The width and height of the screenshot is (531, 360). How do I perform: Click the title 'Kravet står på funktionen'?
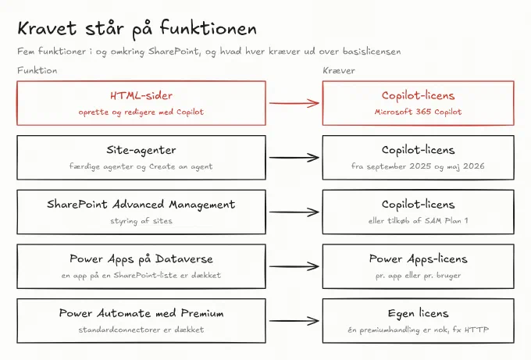click(x=137, y=29)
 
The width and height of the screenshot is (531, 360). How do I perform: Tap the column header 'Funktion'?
click(x=37, y=70)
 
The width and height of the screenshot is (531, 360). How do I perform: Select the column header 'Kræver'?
click(x=339, y=70)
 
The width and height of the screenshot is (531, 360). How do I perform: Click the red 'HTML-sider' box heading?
click(x=141, y=95)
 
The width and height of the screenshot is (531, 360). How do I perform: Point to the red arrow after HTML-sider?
click(x=294, y=103)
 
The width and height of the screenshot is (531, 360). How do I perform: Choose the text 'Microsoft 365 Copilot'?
click(x=418, y=112)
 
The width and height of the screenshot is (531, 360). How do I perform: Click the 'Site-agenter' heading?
click(x=141, y=150)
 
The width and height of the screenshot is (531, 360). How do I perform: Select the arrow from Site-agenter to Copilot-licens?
click(x=294, y=158)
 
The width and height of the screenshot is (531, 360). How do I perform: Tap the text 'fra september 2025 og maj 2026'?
click(x=418, y=166)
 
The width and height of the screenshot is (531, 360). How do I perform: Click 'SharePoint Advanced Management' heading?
click(x=141, y=205)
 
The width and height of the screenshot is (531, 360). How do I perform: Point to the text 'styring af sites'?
click(x=141, y=221)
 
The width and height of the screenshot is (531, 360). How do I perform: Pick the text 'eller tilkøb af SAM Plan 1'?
click(x=418, y=221)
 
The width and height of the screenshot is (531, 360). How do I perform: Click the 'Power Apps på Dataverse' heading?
click(x=141, y=259)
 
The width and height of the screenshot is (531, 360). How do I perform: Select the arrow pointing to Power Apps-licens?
click(x=294, y=266)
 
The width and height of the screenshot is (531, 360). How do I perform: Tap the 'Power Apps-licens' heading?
click(x=418, y=259)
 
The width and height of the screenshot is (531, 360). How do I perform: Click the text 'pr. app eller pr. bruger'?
click(x=418, y=276)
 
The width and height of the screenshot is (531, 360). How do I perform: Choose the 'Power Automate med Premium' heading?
click(x=141, y=313)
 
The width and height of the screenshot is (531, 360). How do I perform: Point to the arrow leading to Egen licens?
click(x=294, y=321)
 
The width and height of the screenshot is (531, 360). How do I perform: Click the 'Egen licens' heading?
click(x=418, y=314)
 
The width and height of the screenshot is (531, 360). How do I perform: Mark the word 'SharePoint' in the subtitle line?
click(x=173, y=52)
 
